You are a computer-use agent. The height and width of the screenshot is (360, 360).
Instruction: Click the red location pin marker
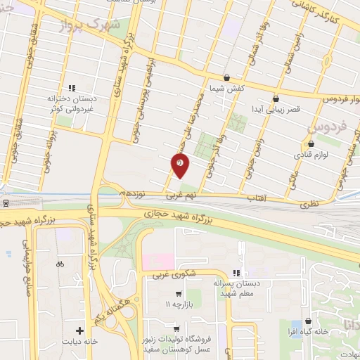181,165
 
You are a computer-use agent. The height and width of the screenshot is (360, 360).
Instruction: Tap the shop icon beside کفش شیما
226,78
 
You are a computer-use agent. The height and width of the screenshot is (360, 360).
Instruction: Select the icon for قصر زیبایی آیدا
275,99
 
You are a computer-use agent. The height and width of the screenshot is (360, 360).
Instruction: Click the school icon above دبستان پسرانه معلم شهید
236,273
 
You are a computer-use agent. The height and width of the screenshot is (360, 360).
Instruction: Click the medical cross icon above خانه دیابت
81,330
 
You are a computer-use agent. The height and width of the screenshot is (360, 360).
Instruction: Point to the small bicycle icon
60,264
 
